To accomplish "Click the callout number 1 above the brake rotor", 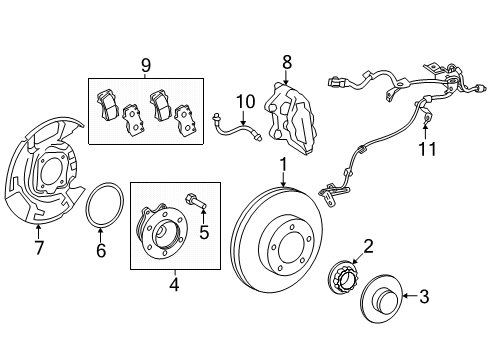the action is click(x=283, y=166).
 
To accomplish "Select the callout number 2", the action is click(x=368, y=247).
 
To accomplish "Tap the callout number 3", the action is click(x=424, y=296).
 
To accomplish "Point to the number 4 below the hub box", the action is click(x=174, y=285).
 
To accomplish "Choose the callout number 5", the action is click(x=204, y=232).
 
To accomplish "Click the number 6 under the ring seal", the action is click(x=101, y=250).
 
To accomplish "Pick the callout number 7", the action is click(x=39, y=248).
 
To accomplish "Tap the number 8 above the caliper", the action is click(x=286, y=62).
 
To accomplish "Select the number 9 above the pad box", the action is click(x=146, y=65).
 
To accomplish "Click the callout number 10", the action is click(x=245, y=102).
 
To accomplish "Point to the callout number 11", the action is click(x=427, y=149).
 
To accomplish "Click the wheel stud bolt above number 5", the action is click(x=196, y=202).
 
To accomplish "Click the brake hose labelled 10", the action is click(x=237, y=129).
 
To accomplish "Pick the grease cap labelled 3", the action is click(x=381, y=298).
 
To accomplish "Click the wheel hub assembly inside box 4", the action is click(x=162, y=229).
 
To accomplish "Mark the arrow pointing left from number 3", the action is click(x=410, y=296).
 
